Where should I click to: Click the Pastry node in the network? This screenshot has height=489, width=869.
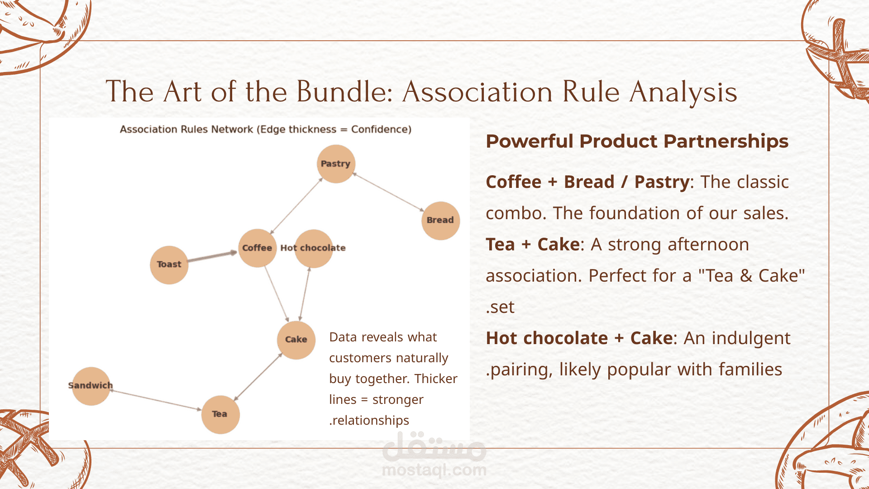click(336, 164)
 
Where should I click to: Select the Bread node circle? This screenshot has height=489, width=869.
click(440, 221)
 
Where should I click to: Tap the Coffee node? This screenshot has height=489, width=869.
click(258, 248)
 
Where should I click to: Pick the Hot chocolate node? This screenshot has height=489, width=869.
click(314, 248)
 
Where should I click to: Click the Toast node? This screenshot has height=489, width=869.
click(169, 265)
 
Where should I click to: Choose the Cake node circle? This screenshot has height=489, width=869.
click(296, 340)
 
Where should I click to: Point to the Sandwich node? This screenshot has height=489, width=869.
click(91, 386)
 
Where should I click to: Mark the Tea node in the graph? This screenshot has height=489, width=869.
click(220, 415)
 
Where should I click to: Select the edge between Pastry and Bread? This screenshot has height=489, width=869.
click(388, 192)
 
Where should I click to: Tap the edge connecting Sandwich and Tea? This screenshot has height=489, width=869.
click(156, 400)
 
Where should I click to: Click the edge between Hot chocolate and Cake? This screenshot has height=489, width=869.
click(305, 294)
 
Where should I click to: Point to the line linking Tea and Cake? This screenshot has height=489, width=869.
click(258, 377)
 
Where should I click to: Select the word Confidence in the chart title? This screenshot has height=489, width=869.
click(382, 129)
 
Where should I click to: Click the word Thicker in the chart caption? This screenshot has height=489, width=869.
click(436, 379)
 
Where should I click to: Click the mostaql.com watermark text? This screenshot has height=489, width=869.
click(434, 470)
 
